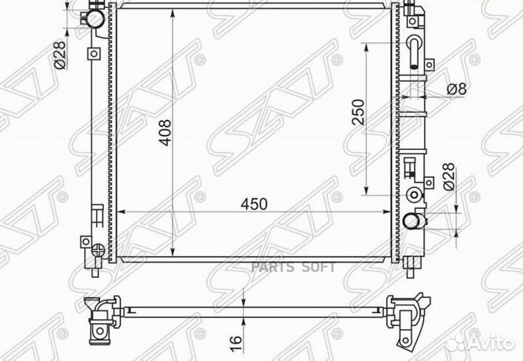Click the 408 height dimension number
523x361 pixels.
tap(165, 133)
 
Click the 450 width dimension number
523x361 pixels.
tap(254, 204)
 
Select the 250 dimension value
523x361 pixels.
tap(359, 112)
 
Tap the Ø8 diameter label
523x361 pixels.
tap(456, 89)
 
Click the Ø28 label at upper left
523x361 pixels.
tap(60, 55)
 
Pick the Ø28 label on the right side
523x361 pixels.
tap(449, 177)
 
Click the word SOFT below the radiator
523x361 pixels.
tap(319, 267)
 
